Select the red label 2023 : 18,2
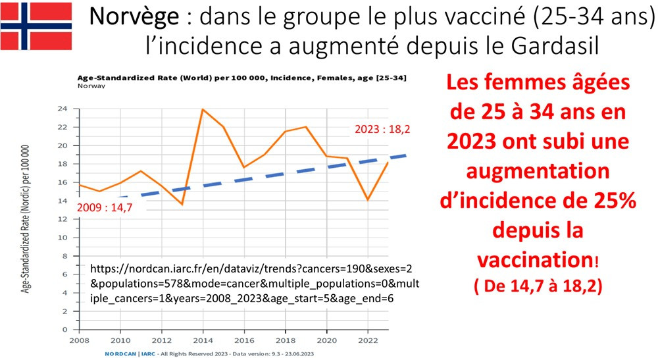pyautogui.click(x=383, y=129)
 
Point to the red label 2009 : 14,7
pyautogui.click(x=109, y=208)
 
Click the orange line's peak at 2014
pyautogui.click(x=203, y=109)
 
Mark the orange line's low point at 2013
pyautogui.click(x=182, y=204)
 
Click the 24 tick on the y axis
pyautogui.click(x=64, y=109)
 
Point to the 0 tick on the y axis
pyautogui.click(x=66, y=329)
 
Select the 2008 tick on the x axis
pyautogui.click(x=78, y=341)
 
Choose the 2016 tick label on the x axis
pyautogui.click(x=245, y=341)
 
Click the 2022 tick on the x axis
pyautogui.click(x=369, y=341)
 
